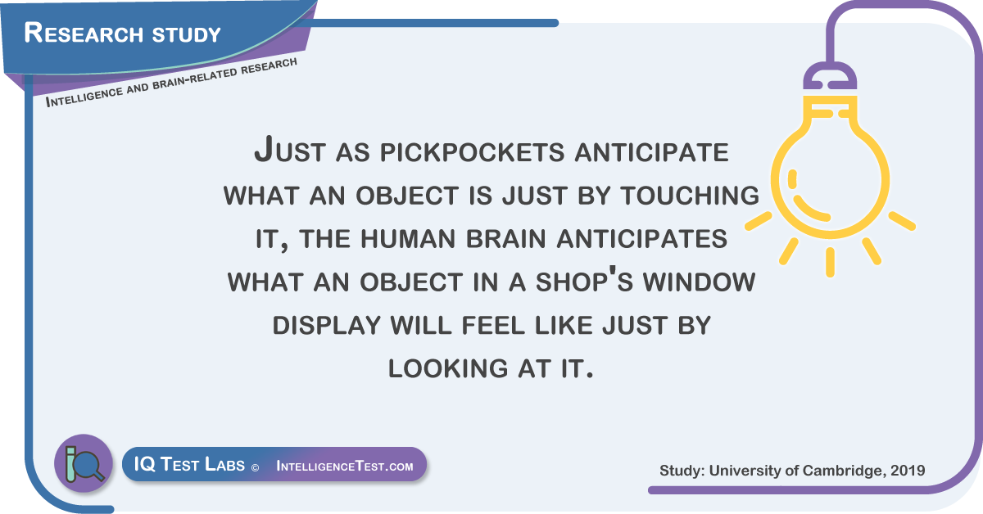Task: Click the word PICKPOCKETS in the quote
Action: pyautogui.click(x=472, y=152)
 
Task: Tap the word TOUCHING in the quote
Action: pyautogui.click(x=690, y=195)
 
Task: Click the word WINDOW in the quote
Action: pyautogui.click(x=699, y=282)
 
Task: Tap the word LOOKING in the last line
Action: pyautogui.click(x=447, y=368)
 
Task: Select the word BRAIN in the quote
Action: pyautogui.click(x=505, y=238)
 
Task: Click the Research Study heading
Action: pyautogui.click(x=122, y=33)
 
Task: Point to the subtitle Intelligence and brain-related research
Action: pyautogui.click(x=171, y=83)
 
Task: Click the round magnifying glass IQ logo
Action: pyautogui.click(x=84, y=463)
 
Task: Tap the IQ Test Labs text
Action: pyautogui.click(x=189, y=464)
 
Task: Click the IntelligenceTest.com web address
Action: pyautogui.click(x=345, y=466)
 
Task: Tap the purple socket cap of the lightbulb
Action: pyautogui.click(x=830, y=76)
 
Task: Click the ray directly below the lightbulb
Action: pyautogui.click(x=830, y=262)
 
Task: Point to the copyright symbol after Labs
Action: pyautogui.click(x=255, y=468)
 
